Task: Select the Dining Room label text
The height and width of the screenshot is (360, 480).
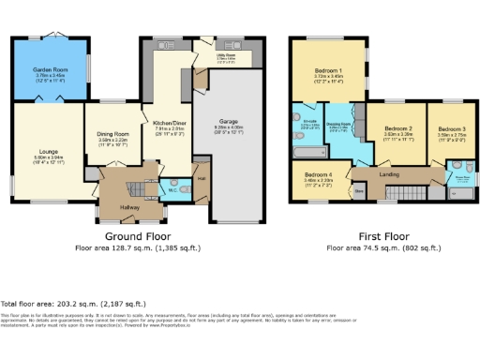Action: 113,134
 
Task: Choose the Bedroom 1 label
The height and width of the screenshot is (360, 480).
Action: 327,71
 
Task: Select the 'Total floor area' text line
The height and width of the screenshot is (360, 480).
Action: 73,304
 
